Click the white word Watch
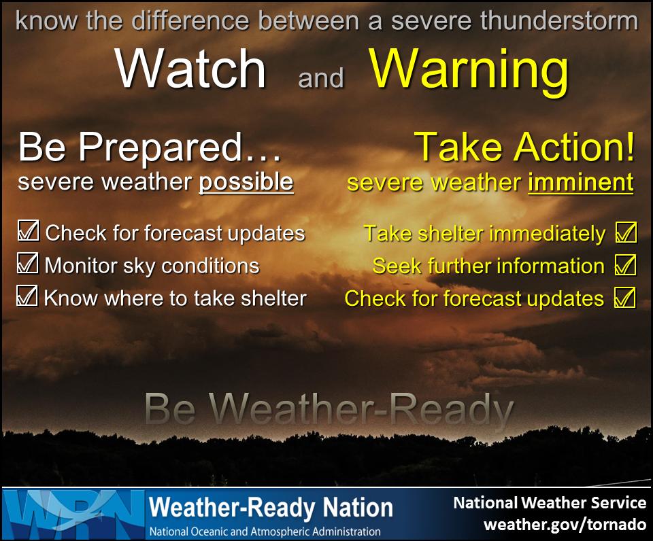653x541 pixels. [190, 69]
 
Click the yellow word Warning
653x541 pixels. [469, 69]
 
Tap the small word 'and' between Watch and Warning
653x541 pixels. [320, 78]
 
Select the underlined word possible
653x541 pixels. [246, 182]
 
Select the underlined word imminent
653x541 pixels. [580, 182]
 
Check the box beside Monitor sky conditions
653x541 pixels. [27, 264]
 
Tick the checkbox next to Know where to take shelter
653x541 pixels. [27, 296]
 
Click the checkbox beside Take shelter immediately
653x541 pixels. [624, 233]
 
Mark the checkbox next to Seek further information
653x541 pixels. [624, 266]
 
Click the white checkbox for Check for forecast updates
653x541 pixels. [28, 232]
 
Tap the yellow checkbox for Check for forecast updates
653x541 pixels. [624, 298]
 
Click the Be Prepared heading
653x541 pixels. [149, 147]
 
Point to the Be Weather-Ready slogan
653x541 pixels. [329, 410]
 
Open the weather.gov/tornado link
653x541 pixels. [564, 525]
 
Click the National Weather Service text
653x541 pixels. [550, 503]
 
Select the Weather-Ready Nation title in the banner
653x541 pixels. [271, 508]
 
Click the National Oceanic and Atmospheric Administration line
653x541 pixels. [265, 531]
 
